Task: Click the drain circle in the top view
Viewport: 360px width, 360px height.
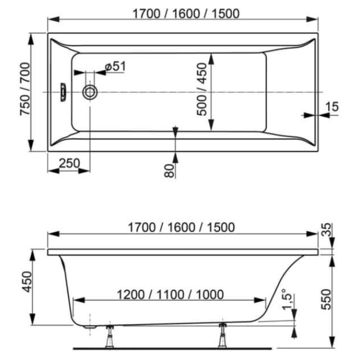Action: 90,92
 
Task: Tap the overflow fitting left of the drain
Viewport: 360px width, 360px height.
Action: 63,92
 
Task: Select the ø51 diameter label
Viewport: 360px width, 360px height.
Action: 116,66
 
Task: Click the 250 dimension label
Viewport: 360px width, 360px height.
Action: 69,163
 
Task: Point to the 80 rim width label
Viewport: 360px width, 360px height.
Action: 170,170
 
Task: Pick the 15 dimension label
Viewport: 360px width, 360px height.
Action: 332,106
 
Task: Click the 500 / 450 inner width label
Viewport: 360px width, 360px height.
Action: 202,89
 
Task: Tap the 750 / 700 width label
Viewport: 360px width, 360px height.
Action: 25,89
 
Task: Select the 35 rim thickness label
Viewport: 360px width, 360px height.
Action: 326,230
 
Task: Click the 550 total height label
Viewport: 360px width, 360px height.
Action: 326,299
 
